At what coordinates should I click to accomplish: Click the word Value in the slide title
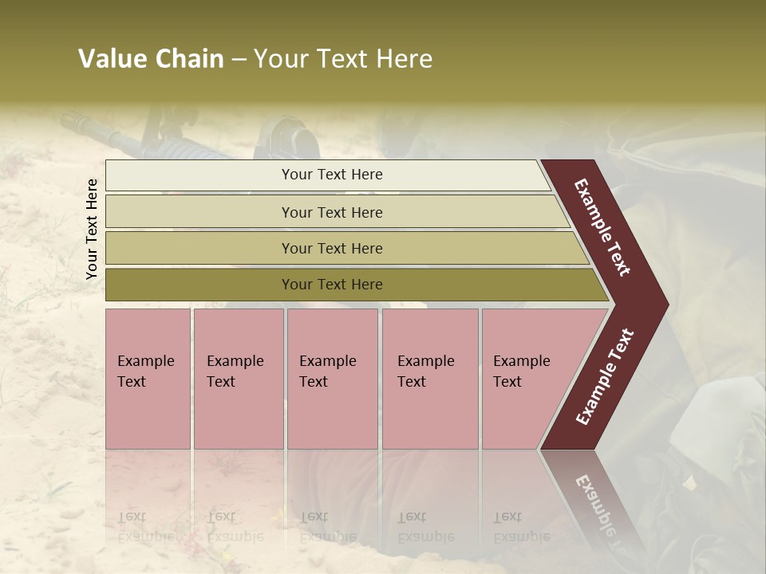point(111,59)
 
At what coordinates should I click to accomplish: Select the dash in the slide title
point(239,60)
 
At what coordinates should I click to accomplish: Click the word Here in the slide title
point(404,59)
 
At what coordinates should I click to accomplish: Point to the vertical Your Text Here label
point(92,229)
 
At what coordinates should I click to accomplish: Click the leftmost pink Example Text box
point(148,379)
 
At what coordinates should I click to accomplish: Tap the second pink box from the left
point(238,379)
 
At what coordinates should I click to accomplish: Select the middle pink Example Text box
point(332,379)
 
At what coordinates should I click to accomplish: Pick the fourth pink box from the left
point(429,379)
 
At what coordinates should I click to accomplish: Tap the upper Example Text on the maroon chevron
point(602,227)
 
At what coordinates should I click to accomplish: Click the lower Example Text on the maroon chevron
point(606,377)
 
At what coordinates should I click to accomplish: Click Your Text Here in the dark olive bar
point(332,285)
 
